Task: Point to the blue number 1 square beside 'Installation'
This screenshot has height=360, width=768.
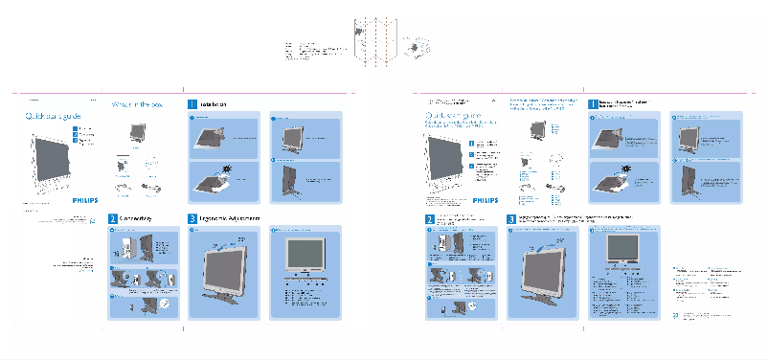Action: (192, 103)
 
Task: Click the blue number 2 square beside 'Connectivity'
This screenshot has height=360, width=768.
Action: (113, 219)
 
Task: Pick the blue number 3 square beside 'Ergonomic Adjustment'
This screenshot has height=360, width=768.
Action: (192, 219)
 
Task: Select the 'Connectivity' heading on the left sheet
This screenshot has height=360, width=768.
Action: (137, 219)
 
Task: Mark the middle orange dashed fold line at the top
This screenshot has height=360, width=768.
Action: (380, 48)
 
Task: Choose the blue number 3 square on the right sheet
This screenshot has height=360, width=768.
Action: (511, 219)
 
